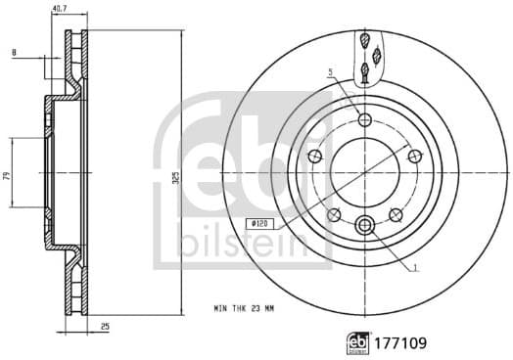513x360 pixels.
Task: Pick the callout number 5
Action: click(x=331, y=71)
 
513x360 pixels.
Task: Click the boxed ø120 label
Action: click(x=260, y=224)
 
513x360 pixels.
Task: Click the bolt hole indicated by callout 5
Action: click(x=365, y=120)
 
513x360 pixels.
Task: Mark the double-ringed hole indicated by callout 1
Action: click(x=365, y=225)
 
